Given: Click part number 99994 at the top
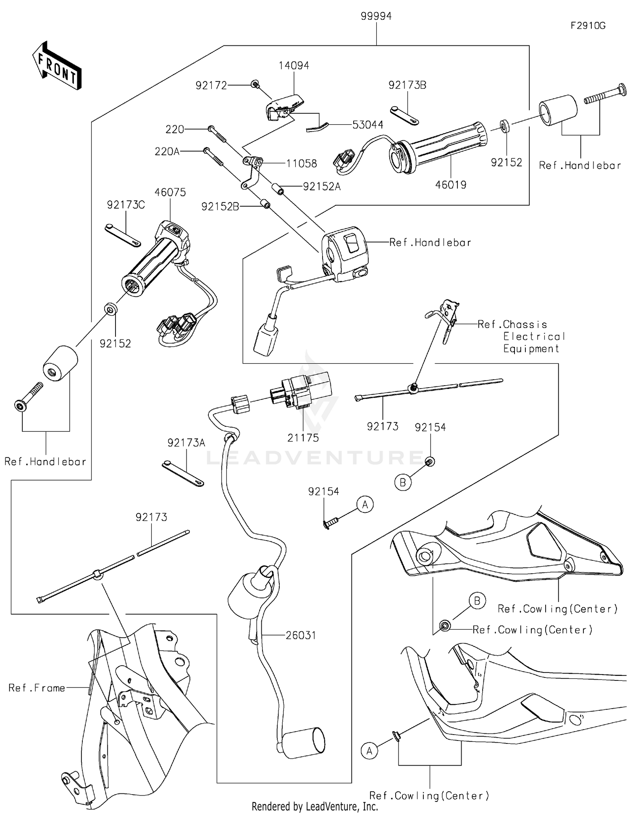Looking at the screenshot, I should point(376,16).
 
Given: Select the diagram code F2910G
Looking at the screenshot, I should point(588,26).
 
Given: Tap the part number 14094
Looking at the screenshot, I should point(294,66).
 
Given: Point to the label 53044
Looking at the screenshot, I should point(367,125).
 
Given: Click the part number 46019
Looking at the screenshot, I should point(451,184).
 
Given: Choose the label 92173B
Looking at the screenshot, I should point(407,85).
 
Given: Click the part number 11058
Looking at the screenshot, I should point(302,163).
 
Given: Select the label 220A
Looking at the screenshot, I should point(167,151).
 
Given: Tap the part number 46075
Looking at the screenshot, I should point(170,192).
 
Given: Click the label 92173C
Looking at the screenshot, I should point(126,205).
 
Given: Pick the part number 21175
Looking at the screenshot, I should point(303,438).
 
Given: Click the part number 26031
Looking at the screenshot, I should point(301,635).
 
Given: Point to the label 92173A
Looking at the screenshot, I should point(186,443).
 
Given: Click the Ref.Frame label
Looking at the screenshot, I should point(37,688).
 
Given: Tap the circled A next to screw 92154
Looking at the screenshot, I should point(365,504).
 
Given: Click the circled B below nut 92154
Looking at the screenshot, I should point(402,483).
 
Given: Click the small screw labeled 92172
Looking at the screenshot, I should point(255,84).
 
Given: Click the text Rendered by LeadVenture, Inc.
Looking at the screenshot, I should point(315,806).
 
